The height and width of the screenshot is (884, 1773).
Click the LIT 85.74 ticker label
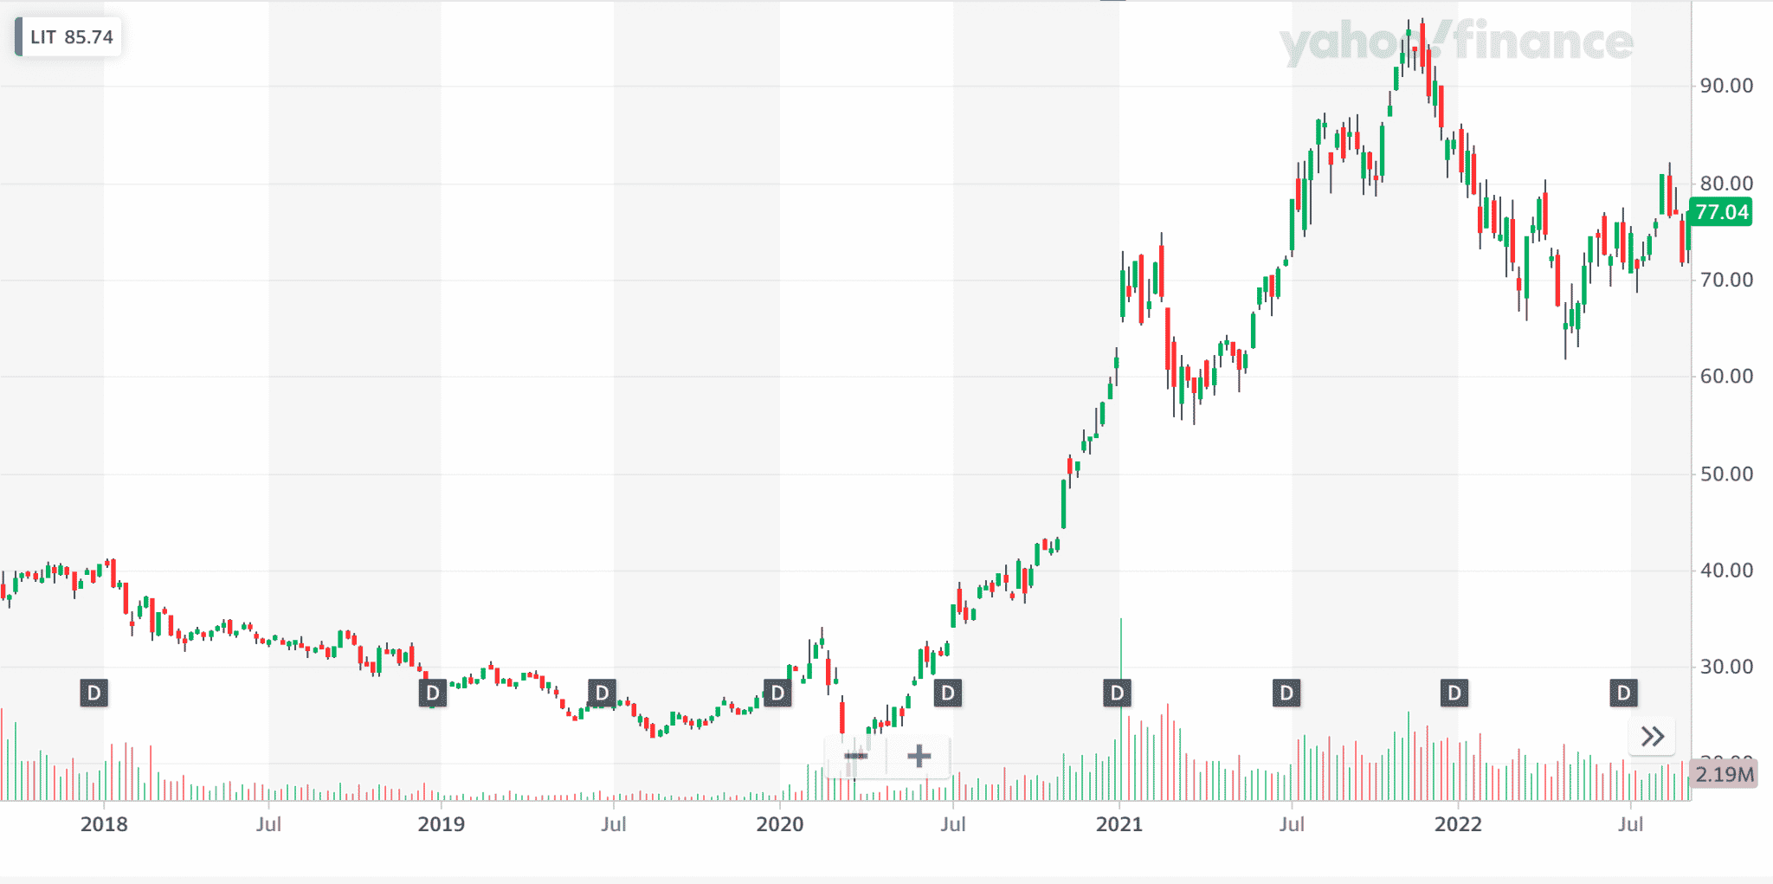70,37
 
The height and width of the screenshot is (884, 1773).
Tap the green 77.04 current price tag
1721,212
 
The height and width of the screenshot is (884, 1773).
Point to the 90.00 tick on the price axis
1726,86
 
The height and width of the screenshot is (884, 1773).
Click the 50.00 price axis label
1726,474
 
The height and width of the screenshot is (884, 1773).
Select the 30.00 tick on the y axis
1726,667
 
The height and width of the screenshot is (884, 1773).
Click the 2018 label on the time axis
104,824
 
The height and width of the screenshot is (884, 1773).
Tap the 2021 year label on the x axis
1119,824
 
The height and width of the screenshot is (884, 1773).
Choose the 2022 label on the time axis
1458,824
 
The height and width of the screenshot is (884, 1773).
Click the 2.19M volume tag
1725,774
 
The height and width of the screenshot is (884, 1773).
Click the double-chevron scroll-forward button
1652,737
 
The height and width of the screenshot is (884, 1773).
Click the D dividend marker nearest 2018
94,693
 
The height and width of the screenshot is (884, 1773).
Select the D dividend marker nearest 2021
1118,693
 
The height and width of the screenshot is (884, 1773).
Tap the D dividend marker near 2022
1454,693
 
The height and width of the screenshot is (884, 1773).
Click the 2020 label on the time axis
779,824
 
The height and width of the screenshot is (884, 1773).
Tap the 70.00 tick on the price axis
1726,280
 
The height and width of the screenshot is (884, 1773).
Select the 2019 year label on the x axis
441,824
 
